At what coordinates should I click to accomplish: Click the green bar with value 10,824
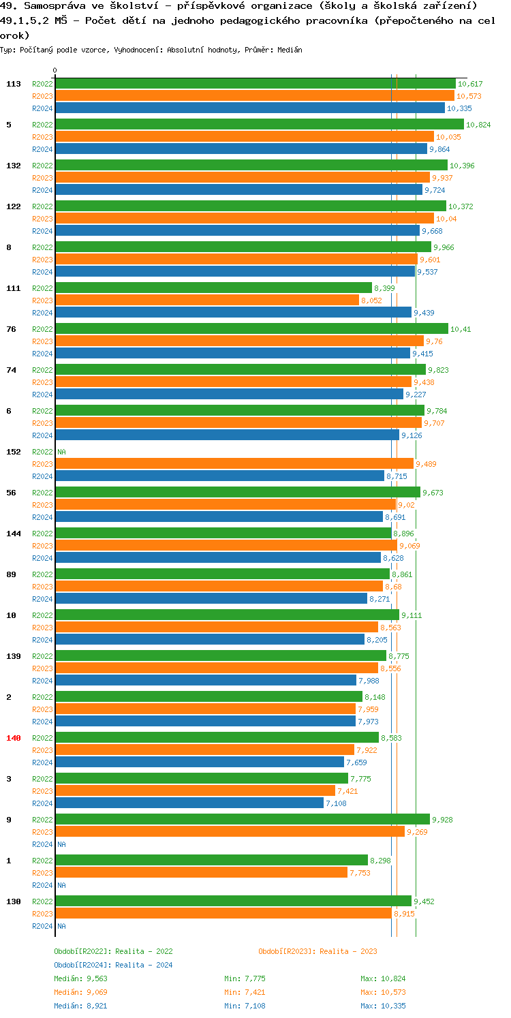coord(259,125)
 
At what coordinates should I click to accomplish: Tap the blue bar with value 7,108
coord(189,803)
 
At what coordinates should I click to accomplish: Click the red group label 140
coord(14,738)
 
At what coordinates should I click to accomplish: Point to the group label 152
coord(14,452)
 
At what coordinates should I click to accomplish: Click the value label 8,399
coord(384,288)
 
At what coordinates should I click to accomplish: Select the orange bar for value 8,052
coord(206,300)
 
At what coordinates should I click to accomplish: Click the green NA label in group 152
coord(61,452)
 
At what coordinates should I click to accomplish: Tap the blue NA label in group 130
coord(61,926)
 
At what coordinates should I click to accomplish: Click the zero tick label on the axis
coord(55,70)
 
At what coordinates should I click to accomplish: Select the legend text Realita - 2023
coord(348,951)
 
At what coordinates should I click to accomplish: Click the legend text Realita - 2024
coord(144,965)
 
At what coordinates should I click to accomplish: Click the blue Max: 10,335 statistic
coord(383,1006)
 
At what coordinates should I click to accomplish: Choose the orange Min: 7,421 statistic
coord(247,992)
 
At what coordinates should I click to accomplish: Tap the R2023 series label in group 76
coord(42,341)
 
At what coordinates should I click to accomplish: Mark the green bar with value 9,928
coord(242,820)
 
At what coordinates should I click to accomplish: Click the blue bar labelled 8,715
coord(219,476)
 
